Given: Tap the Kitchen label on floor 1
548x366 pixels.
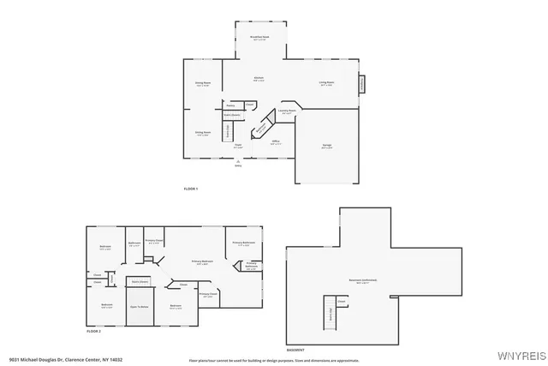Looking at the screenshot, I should [x=258, y=79].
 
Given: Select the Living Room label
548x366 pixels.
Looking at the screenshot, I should [x=326, y=84].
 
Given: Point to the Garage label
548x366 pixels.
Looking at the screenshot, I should [x=326, y=146].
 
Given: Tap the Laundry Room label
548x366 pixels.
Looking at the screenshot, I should [x=287, y=111].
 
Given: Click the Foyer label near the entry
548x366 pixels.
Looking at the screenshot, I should [x=239, y=146].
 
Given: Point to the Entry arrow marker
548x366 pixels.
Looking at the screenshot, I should [x=239, y=164].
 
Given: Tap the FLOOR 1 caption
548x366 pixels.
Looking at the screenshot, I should [x=191, y=189].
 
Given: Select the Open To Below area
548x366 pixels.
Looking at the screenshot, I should [x=140, y=306].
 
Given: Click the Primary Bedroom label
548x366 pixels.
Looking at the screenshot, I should [x=203, y=261].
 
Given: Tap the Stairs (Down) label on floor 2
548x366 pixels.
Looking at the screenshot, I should [x=139, y=280].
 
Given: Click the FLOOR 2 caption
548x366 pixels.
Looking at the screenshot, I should [x=93, y=330].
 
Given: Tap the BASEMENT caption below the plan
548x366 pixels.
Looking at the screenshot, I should [x=295, y=349].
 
